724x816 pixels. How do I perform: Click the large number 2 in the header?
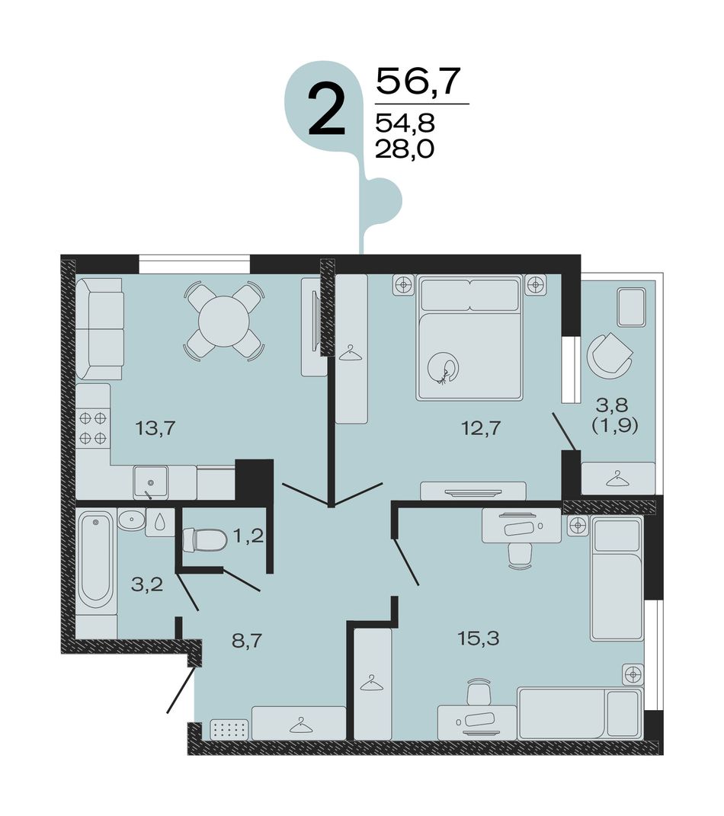[326, 110]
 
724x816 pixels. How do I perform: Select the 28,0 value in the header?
[405, 150]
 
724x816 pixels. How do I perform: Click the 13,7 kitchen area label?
[156, 429]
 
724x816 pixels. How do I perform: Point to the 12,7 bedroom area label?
[481, 429]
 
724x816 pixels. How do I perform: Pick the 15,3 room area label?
[479, 638]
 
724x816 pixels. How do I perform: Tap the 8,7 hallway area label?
[247, 641]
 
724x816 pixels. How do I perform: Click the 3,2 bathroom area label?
[147, 584]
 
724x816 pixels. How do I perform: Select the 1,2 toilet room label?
[248, 536]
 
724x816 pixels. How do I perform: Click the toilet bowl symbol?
[205, 539]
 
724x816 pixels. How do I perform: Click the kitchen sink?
[150, 482]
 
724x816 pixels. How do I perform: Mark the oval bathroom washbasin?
[131, 520]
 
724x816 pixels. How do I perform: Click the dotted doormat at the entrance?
[229, 730]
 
